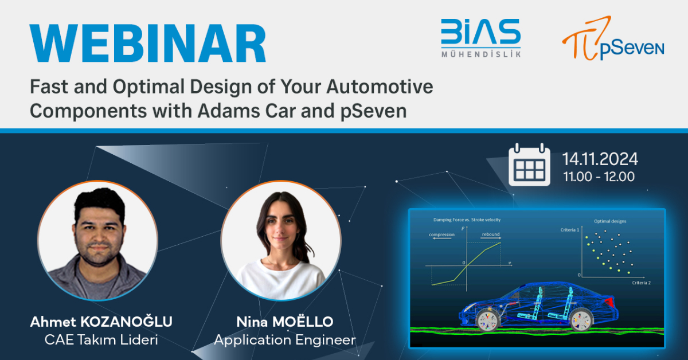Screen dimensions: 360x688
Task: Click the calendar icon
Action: pos(529,165)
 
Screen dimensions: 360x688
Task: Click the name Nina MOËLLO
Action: pos(284,322)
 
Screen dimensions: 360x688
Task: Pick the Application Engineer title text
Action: pos(284,339)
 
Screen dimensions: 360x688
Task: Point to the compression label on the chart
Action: pos(441,234)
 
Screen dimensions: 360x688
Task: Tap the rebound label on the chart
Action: pos(491,234)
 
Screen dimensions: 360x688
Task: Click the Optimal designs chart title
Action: pos(610,221)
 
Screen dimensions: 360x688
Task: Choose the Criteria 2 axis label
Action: pos(641,283)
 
